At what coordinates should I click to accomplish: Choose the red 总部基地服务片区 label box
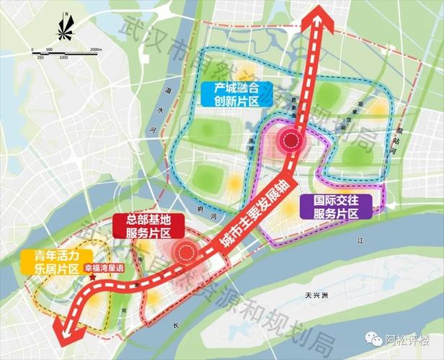146,227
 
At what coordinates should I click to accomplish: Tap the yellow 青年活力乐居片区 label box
55,262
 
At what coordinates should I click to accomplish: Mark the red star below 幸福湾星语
92,276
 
